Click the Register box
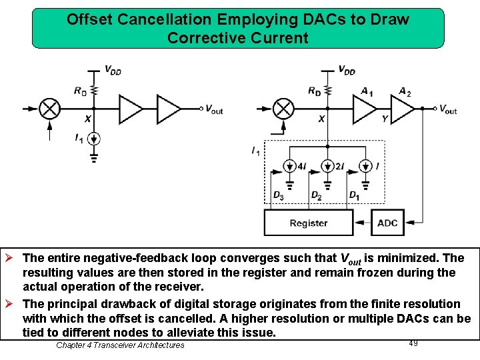coord(309,223)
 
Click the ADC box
coord(387,223)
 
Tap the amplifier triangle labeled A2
coord(402,108)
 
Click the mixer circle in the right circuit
coord(284,108)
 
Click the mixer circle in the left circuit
coord(50,108)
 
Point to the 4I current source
coord(289,166)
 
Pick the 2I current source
coord(327,166)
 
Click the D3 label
coord(278,195)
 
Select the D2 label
coord(316,195)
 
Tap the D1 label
coord(355,195)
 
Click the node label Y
coord(385,119)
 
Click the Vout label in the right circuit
coord(447,109)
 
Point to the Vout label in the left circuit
coord(214,109)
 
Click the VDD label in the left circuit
coord(113,69)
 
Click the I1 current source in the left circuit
coord(94,139)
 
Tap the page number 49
coord(413,343)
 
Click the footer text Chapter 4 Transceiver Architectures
coord(120,345)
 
